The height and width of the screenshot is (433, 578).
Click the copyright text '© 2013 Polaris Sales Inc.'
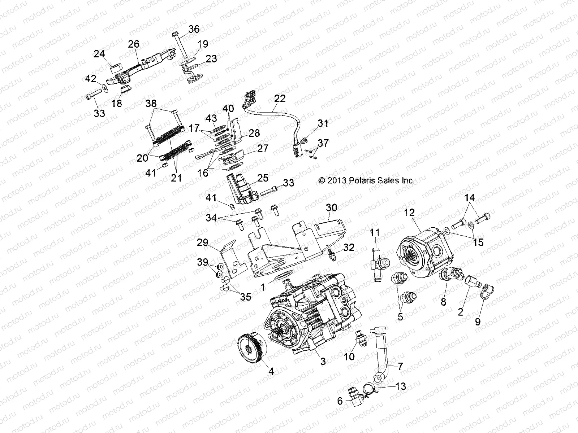(366, 180)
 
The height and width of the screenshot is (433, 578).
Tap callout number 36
(194, 29)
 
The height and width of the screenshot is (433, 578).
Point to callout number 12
(409, 213)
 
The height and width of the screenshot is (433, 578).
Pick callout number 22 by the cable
(280, 99)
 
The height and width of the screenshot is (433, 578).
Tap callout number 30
(331, 207)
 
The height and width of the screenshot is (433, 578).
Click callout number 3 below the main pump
(323, 361)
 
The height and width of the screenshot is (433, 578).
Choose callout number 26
(133, 44)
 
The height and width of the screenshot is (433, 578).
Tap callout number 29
(203, 242)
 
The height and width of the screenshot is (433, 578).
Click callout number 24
(99, 54)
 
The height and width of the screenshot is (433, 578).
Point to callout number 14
(470, 198)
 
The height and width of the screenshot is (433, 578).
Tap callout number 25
(262, 178)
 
